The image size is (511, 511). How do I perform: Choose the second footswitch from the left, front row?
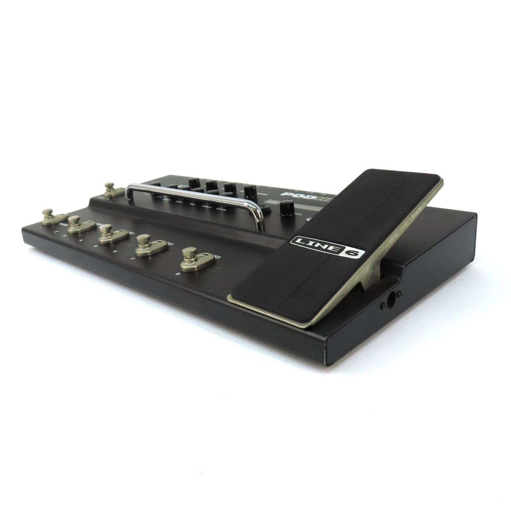pos(76,223)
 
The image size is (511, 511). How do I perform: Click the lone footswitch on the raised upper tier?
pos(110,189)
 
